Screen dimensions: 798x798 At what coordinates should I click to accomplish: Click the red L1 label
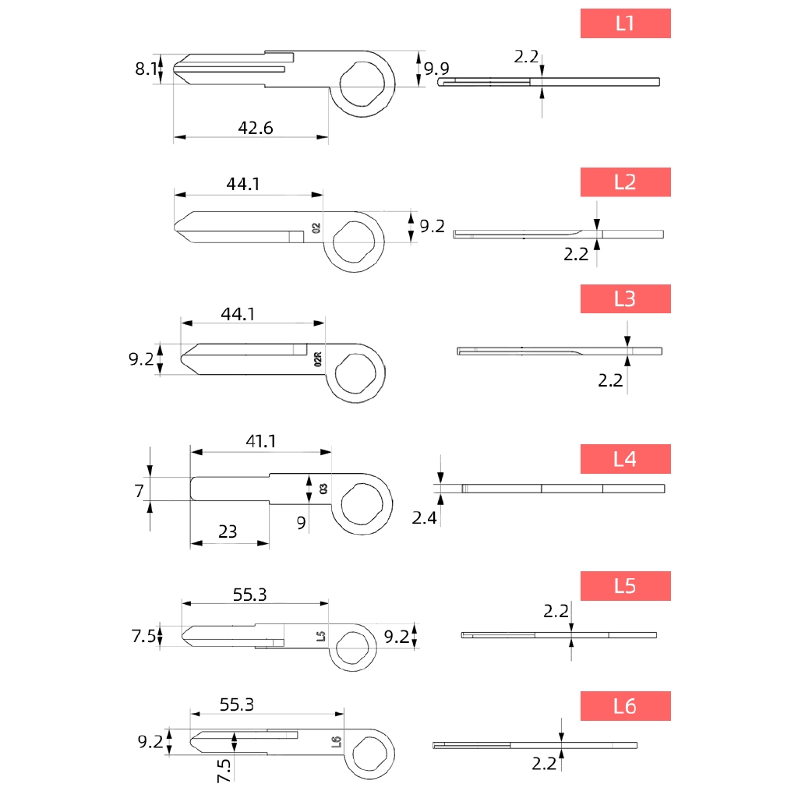tap(626, 23)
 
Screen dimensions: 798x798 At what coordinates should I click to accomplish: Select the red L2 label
tap(626, 182)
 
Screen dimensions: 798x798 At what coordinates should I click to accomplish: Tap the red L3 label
tap(626, 298)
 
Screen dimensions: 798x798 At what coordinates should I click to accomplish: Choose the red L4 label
tap(626, 459)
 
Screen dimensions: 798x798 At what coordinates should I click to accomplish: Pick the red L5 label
tap(626, 586)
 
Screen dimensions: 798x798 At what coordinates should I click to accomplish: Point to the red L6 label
tap(626, 706)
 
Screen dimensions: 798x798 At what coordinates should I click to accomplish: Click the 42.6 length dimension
tap(256, 128)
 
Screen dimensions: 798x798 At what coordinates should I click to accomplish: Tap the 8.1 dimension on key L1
tap(146, 69)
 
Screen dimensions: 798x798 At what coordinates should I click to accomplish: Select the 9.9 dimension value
tap(436, 69)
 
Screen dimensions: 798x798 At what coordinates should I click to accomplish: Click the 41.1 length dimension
tap(261, 441)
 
